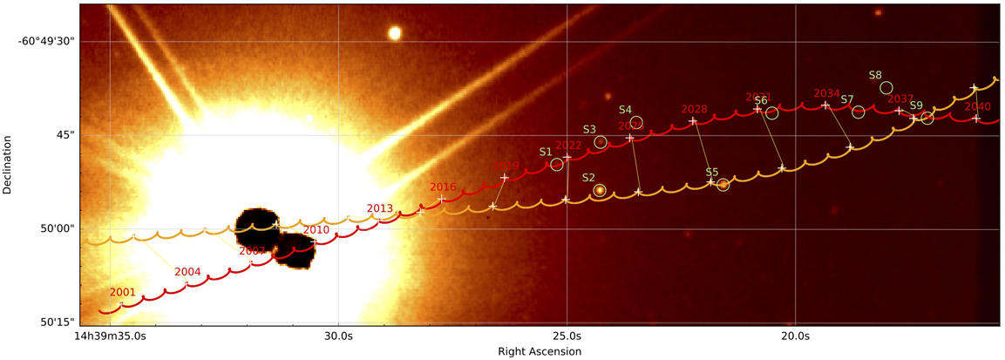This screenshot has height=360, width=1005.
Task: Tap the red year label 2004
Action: point(187,272)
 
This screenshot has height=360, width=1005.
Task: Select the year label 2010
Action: point(316,230)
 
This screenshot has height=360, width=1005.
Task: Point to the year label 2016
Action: point(443,187)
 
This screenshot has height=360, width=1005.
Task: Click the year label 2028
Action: point(694,109)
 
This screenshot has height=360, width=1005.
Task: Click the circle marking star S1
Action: point(557,165)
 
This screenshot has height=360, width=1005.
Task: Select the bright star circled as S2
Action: point(600,190)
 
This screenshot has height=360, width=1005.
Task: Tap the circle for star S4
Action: point(636,122)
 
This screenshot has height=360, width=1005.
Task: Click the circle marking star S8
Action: point(886,87)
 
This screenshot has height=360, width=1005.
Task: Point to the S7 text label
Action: point(846,99)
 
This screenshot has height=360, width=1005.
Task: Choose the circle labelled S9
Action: point(927,118)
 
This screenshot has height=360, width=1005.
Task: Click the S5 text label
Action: point(712,173)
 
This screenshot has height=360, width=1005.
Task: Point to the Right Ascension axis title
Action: point(539,351)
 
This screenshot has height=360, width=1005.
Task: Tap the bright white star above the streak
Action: point(395,33)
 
